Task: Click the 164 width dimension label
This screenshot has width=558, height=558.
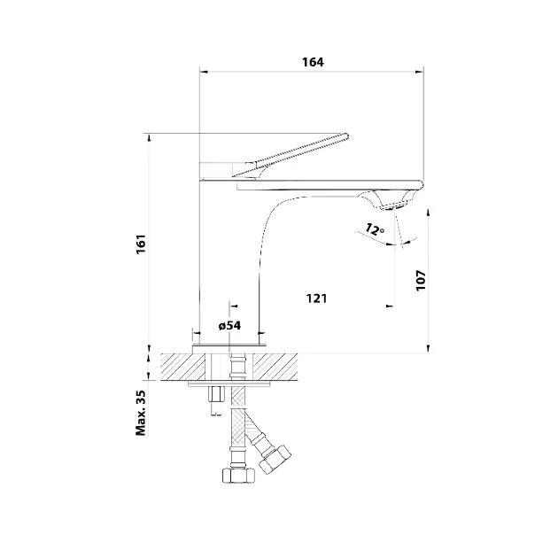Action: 313,62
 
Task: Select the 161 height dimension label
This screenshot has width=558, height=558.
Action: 142,244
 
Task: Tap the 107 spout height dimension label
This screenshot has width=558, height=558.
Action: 421,281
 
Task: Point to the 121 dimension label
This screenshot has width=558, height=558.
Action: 316,298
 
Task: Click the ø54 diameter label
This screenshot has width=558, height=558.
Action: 229,325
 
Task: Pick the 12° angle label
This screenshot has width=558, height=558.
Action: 374,229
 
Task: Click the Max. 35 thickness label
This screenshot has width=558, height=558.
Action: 141,413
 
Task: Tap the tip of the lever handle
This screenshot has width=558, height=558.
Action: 347,136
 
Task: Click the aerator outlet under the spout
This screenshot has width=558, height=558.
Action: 393,206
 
